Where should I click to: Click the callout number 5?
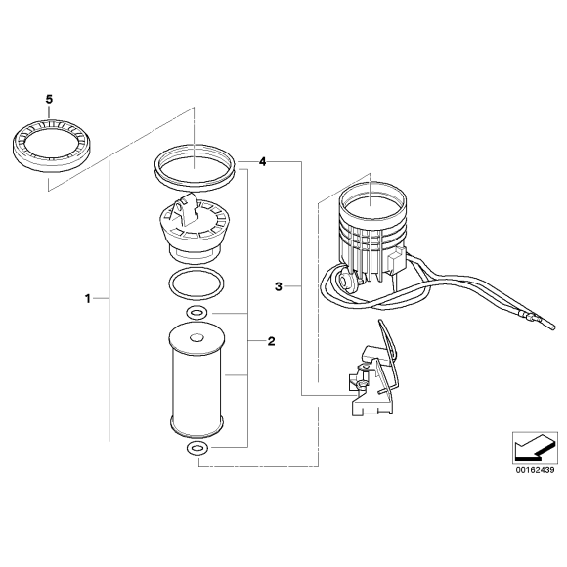tap(49, 99)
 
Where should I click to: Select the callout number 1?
tap(88, 299)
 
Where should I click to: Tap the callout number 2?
tap(271, 341)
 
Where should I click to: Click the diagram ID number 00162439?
tap(535, 470)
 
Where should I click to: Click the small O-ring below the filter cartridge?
tap(196, 449)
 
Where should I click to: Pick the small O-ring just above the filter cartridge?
tap(196, 313)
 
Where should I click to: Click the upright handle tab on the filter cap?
tap(185, 210)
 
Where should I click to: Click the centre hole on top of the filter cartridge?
tap(197, 338)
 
